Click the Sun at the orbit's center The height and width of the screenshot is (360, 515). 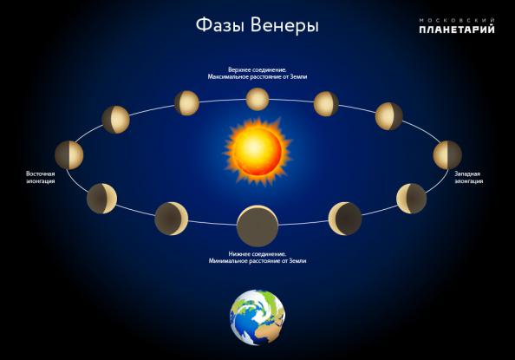[x=257, y=152]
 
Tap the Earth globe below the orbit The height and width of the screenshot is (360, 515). [x=257, y=317]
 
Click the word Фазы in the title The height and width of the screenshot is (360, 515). [x=220, y=25]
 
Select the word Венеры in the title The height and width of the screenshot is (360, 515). [x=284, y=26]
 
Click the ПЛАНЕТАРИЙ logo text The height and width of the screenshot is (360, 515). [x=457, y=29]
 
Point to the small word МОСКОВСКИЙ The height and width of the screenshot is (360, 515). [x=457, y=20]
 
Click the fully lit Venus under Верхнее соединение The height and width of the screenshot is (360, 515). [x=257, y=99]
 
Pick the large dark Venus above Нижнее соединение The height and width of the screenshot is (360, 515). [x=257, y=226]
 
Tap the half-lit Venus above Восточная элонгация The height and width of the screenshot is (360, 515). [x=69, y=155]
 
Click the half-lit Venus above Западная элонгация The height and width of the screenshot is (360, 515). [x=447, y=155]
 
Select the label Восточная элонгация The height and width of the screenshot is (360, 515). [x=41, y=177]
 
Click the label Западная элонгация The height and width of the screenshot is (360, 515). [x=469, y=177]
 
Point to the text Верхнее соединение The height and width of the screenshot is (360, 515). [x=257, y=69]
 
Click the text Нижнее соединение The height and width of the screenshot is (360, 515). [x=257, y=254]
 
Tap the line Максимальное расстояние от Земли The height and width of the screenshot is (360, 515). [x=257, y=76]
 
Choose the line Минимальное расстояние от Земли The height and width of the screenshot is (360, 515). [x=257, y=261]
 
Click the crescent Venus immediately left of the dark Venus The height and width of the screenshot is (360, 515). [x=172, y=219]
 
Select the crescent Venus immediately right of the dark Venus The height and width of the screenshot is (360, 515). [x=345, y=219]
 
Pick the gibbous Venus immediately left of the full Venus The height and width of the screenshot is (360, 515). [x=186, y=103]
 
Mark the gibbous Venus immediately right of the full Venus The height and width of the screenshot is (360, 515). [x=326, y=104]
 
